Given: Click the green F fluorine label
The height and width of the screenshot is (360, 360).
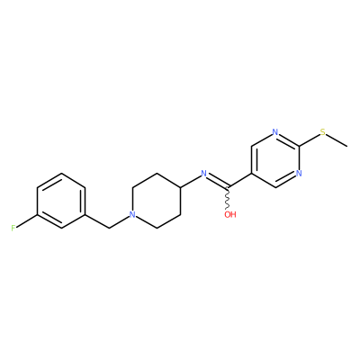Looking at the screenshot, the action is pos(13,229).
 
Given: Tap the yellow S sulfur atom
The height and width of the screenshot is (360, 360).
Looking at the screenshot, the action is pos(323,132).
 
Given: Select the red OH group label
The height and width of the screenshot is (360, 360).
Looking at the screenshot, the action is pos(230,214).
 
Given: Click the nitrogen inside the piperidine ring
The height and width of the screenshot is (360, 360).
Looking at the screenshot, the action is pos(132,214).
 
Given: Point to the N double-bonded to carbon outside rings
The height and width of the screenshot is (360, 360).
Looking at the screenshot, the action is pos(204,174).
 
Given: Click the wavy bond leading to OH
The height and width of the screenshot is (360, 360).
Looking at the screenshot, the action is pos(228,198).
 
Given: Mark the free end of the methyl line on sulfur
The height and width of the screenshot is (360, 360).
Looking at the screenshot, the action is pos(347,147).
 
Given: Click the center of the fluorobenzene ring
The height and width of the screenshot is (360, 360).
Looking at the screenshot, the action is pos(61,201).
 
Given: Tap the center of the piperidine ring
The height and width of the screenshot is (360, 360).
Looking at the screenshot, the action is pos(157,201).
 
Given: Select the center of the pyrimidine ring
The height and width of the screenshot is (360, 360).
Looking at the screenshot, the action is pos(275,159).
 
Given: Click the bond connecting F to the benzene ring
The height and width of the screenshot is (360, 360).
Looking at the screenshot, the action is pos(26,220).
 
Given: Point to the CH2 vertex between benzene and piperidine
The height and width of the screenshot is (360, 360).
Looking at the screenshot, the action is pos(109,229).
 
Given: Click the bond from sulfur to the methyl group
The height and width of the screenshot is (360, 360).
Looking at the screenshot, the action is pos(337,140).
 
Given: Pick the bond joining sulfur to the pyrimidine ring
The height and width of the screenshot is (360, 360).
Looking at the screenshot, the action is pos(310,139).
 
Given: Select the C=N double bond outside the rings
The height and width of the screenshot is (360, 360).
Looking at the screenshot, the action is pos(219,182).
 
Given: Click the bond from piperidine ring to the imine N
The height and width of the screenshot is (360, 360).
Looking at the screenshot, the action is pos(191,181).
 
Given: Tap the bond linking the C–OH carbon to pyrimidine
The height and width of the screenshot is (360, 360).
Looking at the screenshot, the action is pos(239,180).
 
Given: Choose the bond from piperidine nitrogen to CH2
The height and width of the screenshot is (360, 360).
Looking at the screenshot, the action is pos(119,222).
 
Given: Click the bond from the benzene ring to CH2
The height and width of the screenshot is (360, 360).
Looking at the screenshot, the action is pos(97,221).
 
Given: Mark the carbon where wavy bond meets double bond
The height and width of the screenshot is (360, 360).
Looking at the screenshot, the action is pos(228,187).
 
